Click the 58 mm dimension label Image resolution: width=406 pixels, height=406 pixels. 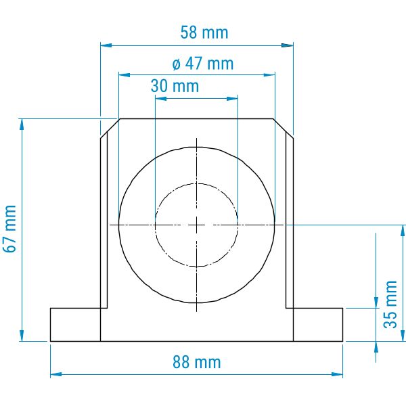coord(204,32)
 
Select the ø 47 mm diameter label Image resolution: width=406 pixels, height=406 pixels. coord(203,64)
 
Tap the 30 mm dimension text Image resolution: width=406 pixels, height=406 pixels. coord(175,86)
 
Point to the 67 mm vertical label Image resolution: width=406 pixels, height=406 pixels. coord(10,229)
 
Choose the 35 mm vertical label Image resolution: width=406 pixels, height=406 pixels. coord(390,304)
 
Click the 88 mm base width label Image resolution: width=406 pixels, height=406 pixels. coord(197,362)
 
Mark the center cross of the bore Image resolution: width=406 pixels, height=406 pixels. coord(196,225)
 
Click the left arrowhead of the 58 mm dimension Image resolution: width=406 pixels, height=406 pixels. coord(106,45)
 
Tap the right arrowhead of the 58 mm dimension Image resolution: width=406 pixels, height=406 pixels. coord(288,45)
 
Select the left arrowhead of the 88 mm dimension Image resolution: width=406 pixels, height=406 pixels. coord(56,374)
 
